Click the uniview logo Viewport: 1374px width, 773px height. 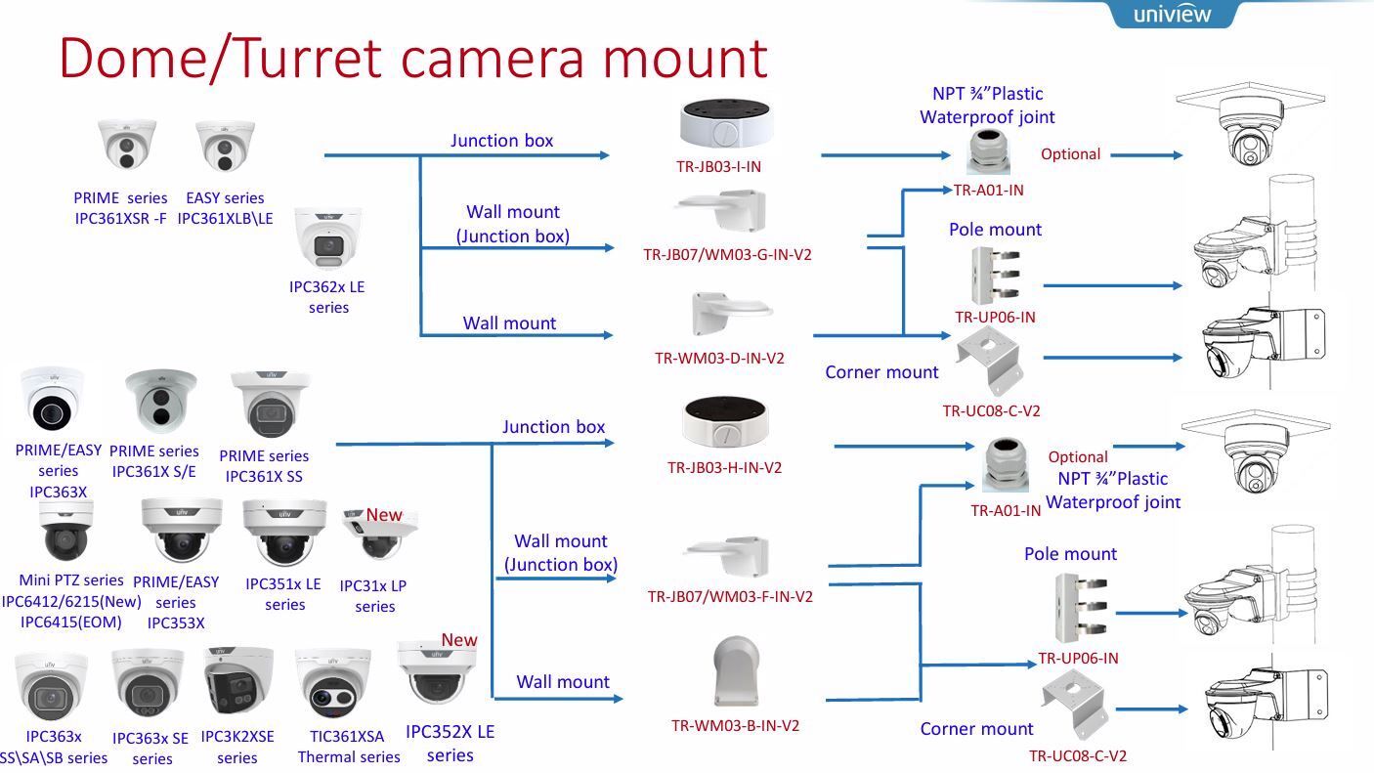1172,14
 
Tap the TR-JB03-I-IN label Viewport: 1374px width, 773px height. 718,166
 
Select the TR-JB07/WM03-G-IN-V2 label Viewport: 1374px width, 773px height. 727,254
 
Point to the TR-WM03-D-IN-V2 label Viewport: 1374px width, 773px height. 719,358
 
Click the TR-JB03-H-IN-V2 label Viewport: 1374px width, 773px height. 724,467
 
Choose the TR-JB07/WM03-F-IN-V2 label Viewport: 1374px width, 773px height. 730,596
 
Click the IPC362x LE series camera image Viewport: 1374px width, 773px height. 327,239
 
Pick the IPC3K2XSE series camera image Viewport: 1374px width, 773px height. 237,682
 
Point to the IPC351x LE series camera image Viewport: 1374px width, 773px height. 283,530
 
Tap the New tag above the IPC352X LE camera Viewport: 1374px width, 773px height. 458,640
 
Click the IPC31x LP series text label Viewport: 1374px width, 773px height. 373,596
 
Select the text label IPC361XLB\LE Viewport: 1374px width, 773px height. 226,219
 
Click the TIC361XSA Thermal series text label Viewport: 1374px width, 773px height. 349,747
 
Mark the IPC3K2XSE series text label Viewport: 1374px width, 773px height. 237,748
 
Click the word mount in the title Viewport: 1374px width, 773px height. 682,57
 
